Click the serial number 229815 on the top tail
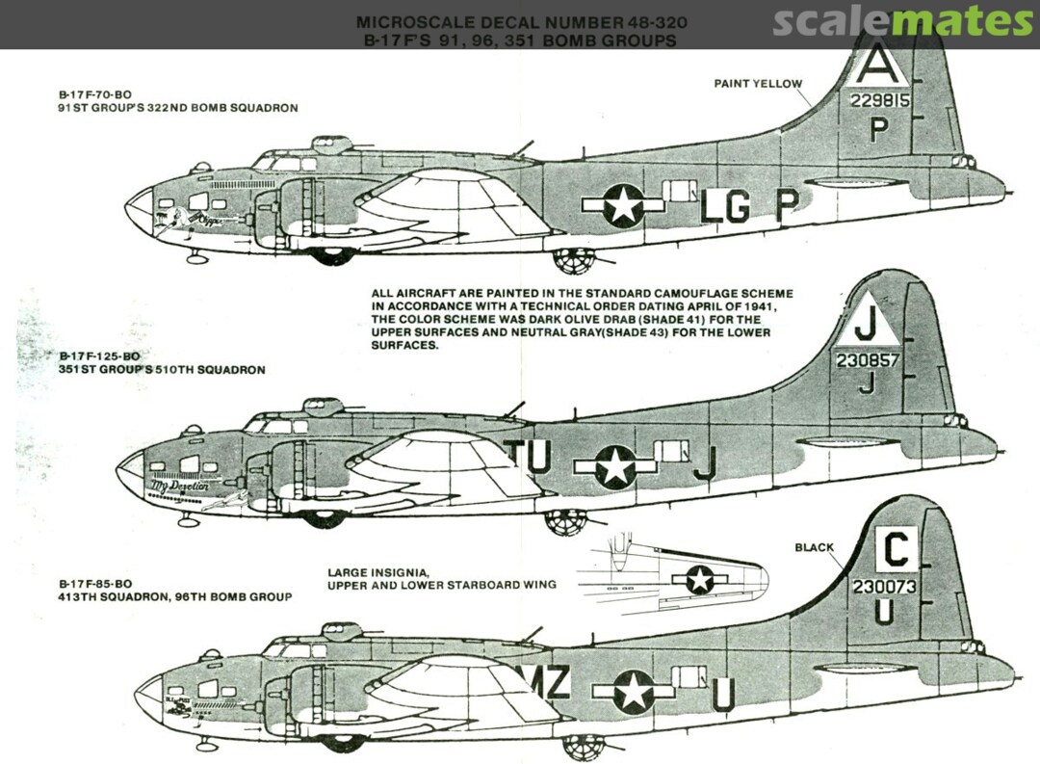[879, 100]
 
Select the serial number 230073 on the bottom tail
[884, 586]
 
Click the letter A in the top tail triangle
[874, 66]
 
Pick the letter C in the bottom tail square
[896, 551]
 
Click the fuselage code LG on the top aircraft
[724, 207]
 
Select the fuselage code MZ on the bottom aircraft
[551, 682]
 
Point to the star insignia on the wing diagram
[699, 579]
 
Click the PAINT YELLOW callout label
[757, 84]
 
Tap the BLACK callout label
[814, 547]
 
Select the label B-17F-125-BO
[98, 356]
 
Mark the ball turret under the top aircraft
[574, 260]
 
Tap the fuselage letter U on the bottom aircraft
[724, 693]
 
